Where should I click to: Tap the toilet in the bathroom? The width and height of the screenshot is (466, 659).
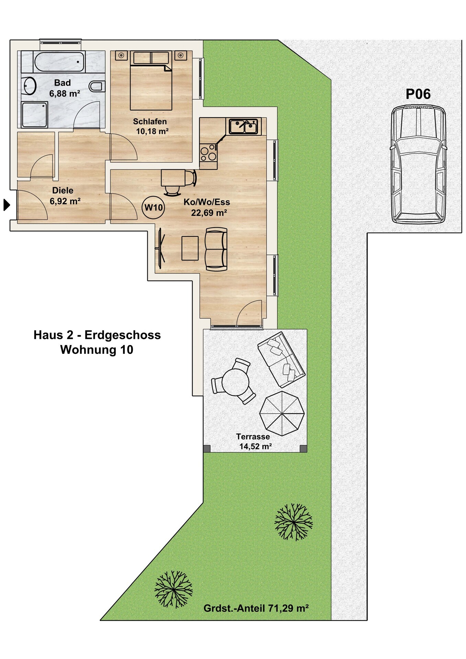97,86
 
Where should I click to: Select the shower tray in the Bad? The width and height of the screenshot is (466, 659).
35,115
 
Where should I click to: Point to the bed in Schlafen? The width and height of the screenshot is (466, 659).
151,81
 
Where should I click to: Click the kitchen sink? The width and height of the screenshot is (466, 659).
243,126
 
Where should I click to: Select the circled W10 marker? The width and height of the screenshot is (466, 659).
153,207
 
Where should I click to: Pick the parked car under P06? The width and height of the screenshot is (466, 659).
418,164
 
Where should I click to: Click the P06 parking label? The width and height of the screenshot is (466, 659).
418,94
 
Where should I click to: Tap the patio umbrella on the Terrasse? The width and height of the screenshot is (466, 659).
282,413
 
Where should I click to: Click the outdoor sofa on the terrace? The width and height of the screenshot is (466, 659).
281,360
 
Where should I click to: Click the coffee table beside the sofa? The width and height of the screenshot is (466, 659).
190,248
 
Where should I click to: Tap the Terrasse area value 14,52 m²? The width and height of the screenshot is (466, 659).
255,446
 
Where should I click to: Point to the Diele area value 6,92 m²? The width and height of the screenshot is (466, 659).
65,201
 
